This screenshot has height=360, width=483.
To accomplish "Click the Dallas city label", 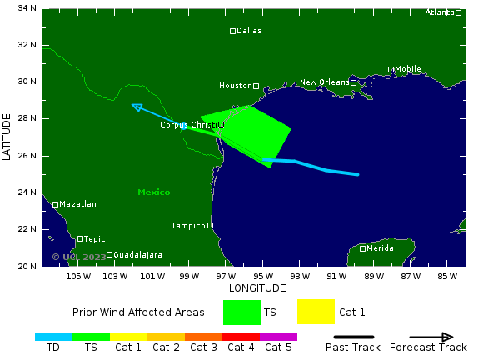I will [249, 31].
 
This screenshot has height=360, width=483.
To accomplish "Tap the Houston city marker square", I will [256, 86].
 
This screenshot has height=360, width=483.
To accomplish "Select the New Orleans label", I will [324, 82].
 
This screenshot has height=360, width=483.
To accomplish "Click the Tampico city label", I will [187, 226].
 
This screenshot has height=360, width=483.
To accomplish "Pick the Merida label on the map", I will [380, 248].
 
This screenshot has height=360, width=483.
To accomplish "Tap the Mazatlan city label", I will [78, 204].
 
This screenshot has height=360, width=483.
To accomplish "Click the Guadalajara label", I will [137, 255].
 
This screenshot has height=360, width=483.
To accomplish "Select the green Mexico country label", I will [154, 192].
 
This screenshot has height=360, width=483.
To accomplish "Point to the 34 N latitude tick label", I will [27, 8].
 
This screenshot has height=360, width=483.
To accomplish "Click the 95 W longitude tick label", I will [263, 276].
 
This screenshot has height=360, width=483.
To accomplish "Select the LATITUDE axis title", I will [7, 137].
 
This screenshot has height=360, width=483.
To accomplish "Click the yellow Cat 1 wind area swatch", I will [316, 312].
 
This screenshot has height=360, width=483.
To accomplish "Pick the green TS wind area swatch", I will [242, 312].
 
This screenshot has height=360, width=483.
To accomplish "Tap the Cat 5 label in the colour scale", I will [278, 347].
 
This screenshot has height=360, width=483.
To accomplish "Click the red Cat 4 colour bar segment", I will [241, 337].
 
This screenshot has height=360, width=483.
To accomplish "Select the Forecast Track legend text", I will [428, 347].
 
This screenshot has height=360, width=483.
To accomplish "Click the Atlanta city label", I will [440, 12].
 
